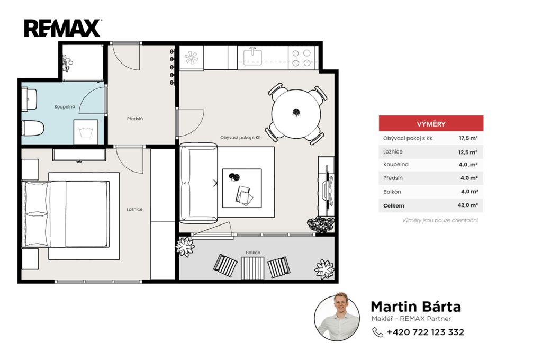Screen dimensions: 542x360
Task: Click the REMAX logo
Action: coord(62,28)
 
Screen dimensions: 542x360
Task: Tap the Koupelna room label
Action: coord(65,106)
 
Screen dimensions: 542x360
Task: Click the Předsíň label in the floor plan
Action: coord(135,119)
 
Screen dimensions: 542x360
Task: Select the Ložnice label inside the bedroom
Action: coord(134,209)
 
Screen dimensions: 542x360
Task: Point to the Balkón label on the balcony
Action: coord(253,253)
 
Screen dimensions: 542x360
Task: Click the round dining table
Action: coord(296,113)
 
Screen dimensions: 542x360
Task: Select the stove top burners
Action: coord(301,58)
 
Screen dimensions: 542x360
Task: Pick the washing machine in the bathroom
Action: coord(86,132)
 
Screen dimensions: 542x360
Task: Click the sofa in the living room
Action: coord(199,183)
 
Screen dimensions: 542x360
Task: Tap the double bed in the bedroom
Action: coord(66,214)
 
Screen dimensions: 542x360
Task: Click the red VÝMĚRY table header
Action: coord(431,123)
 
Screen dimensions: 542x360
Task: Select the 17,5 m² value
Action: coord(468,138)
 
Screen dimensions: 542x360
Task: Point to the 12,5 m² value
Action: coord(468,152)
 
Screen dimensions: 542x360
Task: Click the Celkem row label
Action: coord(394,206)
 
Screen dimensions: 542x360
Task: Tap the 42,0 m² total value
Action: coord(468,205)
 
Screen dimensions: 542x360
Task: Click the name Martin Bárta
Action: coord(416,307)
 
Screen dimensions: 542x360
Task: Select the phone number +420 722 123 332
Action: coord(426,332)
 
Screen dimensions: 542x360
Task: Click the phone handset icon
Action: coord(377,332)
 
